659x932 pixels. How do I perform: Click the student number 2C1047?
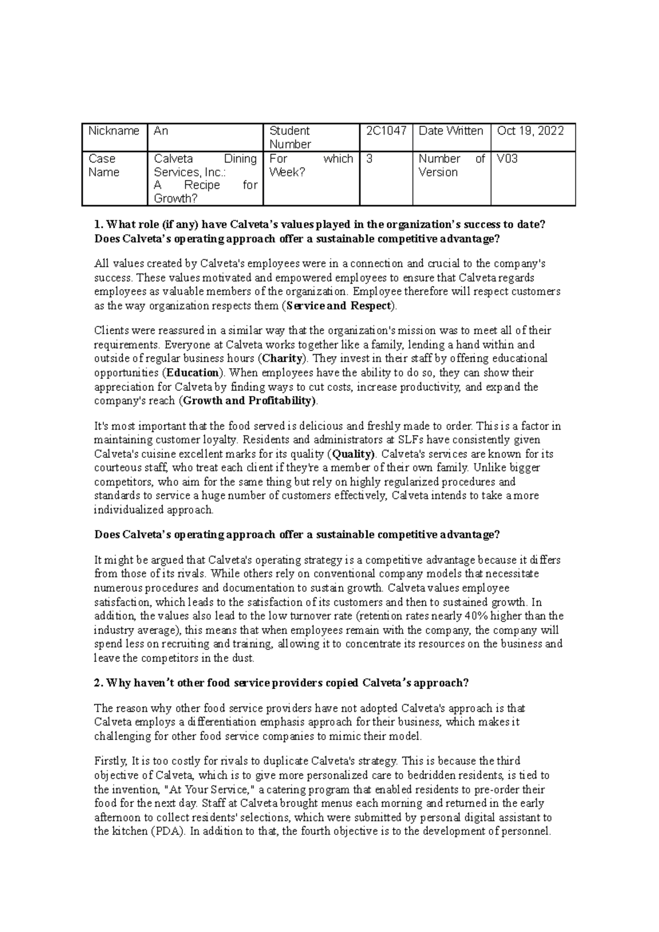click(x=386, y=131)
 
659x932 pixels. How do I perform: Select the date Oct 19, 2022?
click(x=530, y=131)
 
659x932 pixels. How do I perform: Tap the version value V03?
click(x=507, y=159)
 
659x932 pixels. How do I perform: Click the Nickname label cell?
click(x=114, y=131)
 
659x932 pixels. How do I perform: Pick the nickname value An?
click(x=160, y=131)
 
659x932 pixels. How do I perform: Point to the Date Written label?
click(x=450, y=131)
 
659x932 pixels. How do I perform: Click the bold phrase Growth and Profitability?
click(x=248, y=401)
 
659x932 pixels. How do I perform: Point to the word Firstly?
click(x=110, y=761)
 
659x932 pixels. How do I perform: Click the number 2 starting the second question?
click(x=98, y=683)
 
